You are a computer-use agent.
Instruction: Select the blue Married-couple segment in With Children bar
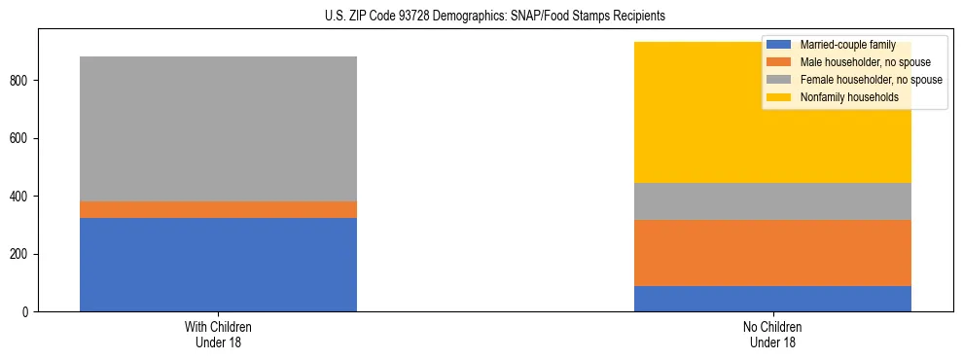pos(218,265)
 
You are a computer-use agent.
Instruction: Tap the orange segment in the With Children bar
pos(218,209)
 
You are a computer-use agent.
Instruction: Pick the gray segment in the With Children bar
pos(218,128)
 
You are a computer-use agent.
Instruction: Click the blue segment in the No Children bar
pos(772,299)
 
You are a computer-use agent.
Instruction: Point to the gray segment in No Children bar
pos(772,201)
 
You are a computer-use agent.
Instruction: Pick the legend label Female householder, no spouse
pos(870,80)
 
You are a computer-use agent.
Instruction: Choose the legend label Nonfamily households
pos(848,97)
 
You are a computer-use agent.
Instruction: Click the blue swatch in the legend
pos(779,45)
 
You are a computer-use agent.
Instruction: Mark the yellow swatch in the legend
pos(779,97)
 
